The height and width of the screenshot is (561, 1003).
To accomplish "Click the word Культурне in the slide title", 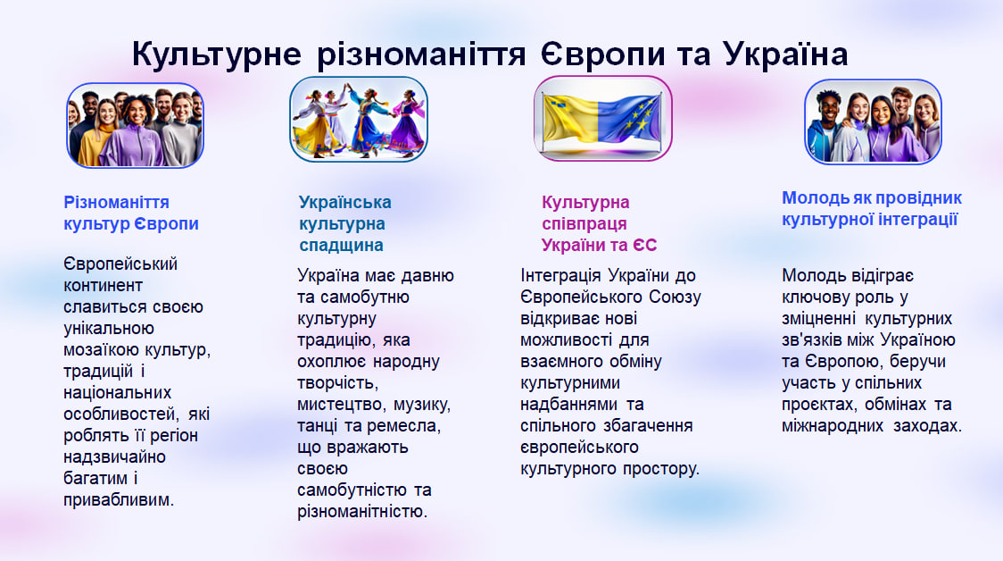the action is (x=216, y=54).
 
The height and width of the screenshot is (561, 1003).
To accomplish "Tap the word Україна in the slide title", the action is (x=785, y=54).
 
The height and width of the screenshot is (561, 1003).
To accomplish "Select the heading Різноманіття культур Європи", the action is (x=131, y=213).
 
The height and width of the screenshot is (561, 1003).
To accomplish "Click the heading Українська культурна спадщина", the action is (x=344, y=223).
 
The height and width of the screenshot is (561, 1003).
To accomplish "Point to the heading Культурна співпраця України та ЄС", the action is (x=600, y=223).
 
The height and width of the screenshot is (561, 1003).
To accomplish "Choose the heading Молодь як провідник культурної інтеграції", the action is (x=872, y=209).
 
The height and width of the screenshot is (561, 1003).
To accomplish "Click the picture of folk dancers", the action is (x=358, y=119).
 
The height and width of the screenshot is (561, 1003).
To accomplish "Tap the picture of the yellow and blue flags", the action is (x=602, y=119).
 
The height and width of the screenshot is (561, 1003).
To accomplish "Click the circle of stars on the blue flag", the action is (x=635, y=117).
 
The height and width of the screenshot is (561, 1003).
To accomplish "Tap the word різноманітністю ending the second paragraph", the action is (x=361, y=512).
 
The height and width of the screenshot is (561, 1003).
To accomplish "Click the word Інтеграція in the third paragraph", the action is (x=560, y=276).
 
